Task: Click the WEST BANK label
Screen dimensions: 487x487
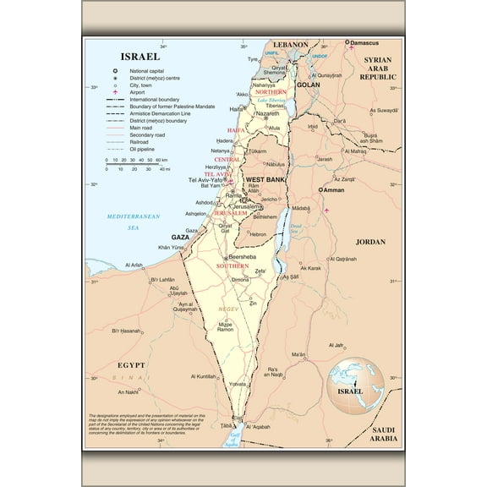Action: [x=263, y=180]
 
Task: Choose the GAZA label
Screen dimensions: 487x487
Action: [x=180, y=238]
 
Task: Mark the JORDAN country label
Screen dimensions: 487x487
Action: [x=369, y=242]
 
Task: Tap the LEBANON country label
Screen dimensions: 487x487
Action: [x=290, y=44]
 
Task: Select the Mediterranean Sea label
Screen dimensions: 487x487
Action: [x=133, y=222]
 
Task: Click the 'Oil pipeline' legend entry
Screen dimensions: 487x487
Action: [x=144, y=149]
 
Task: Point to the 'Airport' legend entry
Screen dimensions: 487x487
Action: [x=137, y=93]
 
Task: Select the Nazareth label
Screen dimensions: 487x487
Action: [x=267, y=112]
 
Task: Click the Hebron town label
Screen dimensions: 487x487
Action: [x=257, y=234]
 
